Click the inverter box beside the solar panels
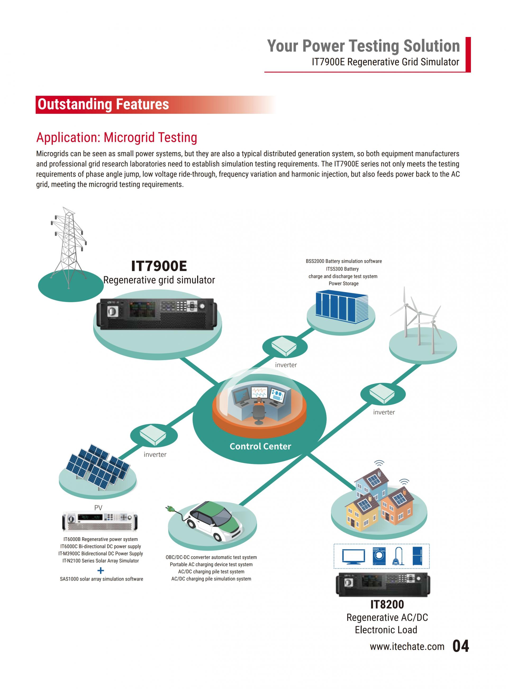(x=153, y=435)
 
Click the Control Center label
(x=260, y=446)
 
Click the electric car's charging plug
(x=170, y=509)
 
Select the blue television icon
(x=354, y=557)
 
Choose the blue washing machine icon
(x=379, y=556)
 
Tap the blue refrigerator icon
(x=417, y=556)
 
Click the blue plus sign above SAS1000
(x=101, y=571)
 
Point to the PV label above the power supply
(x=98, y=508)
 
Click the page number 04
(x=461, y=646)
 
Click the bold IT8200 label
(x=387, y=604)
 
